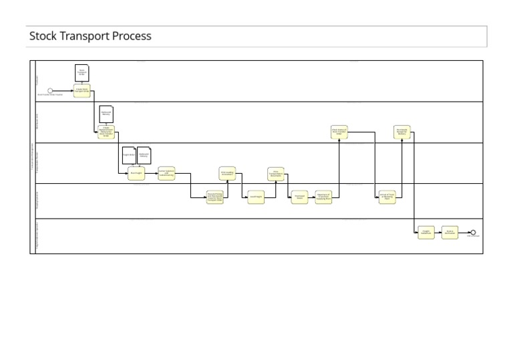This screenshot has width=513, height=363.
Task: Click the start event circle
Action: [x=50, y=91]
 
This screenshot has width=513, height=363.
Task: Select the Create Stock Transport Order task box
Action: [x=81, y=90]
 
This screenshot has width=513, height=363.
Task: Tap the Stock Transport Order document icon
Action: [x=81, y=73]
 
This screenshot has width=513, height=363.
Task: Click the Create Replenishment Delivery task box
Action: [x=106, y=132]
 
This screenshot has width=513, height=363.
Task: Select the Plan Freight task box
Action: [x=136, y=173]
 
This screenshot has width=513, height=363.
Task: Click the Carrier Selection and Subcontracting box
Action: [x=166, y=173]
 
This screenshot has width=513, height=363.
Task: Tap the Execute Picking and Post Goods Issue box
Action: [x=215, y=197]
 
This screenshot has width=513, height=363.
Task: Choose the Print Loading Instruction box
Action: [x=227, y=173]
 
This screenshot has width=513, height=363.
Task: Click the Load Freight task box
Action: [x=255, y=197]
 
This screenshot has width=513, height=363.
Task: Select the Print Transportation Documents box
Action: [x=276, y=174]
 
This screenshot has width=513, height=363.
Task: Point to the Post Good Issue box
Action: [x=299, y=197]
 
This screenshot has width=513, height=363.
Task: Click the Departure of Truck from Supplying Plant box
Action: [x=323, y=197]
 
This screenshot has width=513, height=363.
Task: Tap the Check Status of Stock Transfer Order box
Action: [x=339, y=132]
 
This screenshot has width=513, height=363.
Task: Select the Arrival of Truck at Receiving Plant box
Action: [x=387, y=197]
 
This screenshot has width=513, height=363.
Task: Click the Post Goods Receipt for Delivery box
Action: [x=401, y=132]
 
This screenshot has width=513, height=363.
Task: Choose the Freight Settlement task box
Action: [x=426, y=233]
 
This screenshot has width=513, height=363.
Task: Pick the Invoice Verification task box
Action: [x=450, y=233]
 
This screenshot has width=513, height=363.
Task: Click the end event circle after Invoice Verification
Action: [x=473, y=233]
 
